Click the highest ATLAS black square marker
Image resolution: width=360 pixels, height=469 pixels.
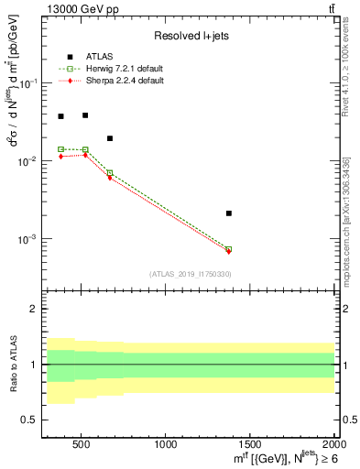(x=85, y=115)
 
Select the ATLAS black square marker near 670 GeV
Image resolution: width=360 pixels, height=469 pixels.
(x=110, y=138)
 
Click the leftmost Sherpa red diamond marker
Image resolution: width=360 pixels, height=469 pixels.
(x=60, y=157)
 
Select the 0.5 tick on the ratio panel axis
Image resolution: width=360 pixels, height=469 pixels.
(x=28, y=420)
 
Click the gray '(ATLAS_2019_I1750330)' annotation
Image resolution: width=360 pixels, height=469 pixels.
(x=190, y=274)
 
